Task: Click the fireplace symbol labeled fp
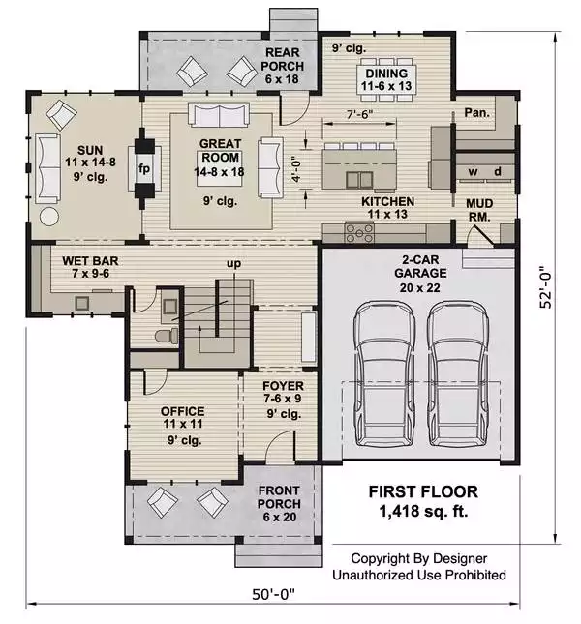pos(144,168)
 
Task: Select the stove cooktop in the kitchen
pos(359,233)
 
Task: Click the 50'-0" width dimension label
pos(274,595)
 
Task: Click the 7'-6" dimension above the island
pos(359,114)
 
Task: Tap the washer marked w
pos(474,172)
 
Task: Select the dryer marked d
pos(498,171)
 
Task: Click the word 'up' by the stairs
pos(233,264)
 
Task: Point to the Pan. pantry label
pos(476,113)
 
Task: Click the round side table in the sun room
pos(49,217)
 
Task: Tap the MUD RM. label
pos(479,210)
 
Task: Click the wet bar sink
pos(82,303)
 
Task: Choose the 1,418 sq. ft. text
pos(423,511)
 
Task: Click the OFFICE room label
pos(182,411)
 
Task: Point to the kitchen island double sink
pos(359,180)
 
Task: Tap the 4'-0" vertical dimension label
pos(296,171)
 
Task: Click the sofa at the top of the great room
pos(219,115)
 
